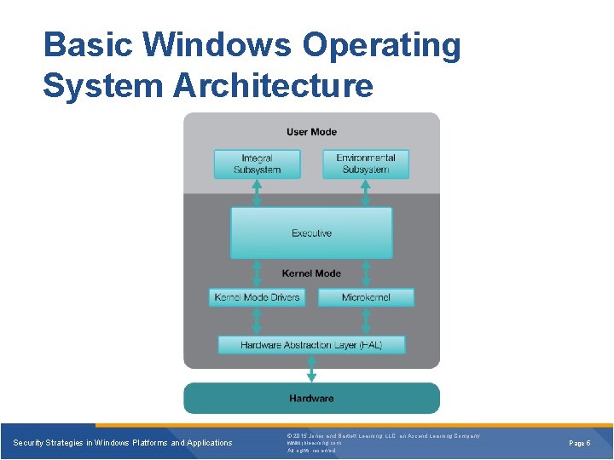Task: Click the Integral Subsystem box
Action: pos(257,164)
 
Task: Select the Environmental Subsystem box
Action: pos(365,164)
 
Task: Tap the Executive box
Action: pos(311,233)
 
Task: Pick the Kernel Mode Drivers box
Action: pos(257,297)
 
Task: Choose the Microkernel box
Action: pos(366,297)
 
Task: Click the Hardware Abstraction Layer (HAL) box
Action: pos(311,345)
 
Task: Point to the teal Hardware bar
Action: pos(311,398)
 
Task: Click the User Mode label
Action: pos(311,132)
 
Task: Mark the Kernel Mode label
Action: pos(311,273)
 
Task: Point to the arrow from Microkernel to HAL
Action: pos(366,321)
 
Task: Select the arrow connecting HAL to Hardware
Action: pos(311,369)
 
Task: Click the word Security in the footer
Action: pos(31,443)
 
